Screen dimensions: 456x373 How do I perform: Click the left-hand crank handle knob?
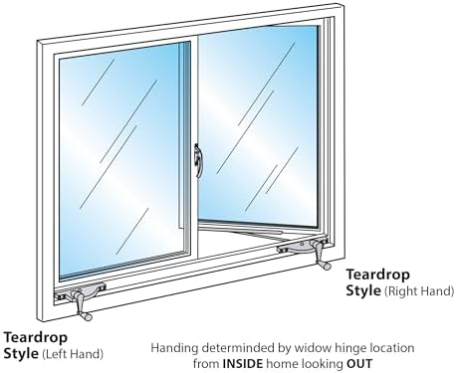coord(88,316)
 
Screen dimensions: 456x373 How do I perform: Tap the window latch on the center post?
coord(198,160)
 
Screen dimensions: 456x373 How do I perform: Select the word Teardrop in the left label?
coord(36,337)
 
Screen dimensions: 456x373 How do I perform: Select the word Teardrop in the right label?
coord(378,275)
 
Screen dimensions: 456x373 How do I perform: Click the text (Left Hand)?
coord(73,354)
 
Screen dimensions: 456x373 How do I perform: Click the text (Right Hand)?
coord(419,291)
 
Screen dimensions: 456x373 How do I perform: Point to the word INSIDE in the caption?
coord(243,363)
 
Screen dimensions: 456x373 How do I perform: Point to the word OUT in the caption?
coord(359,363)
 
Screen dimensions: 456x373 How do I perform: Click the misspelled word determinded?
coord(238,348)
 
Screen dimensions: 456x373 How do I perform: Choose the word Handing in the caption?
coord(174,348)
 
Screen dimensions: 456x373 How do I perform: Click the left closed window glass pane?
coord(122,159)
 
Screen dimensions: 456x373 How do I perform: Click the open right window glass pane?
coord(259,126)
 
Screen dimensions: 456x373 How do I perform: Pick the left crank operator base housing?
coord(81,291)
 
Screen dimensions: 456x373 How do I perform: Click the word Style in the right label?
coord(363,290)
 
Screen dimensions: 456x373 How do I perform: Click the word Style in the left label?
coord(21,353)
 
